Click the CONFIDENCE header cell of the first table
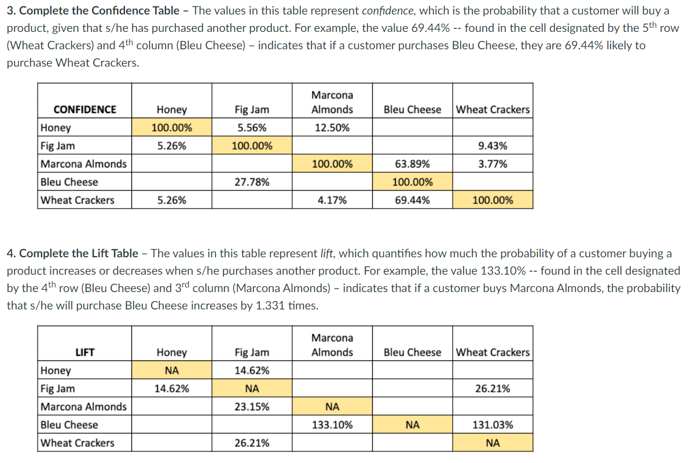point(85,110)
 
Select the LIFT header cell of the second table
point(85,352)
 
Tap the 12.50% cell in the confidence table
point(332,128)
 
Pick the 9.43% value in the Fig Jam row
point(493,146)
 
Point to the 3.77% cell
point(493,164)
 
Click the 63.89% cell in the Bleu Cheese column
point(412,164)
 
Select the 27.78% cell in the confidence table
point(252,182)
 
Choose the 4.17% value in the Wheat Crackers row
point(332,200)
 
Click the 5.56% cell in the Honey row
point(252,128)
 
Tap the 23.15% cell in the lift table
point(252,407)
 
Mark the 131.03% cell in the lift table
point(493,425)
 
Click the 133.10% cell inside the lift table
point(332,425)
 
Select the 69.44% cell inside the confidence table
point(412,200)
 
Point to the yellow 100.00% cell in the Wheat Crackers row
point(493,200)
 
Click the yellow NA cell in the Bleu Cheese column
point(412,425)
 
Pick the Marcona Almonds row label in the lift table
point(83,407)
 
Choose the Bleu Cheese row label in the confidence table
point(69,182)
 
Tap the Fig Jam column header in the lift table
point(252,352)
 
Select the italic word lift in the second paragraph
point(327,253)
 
